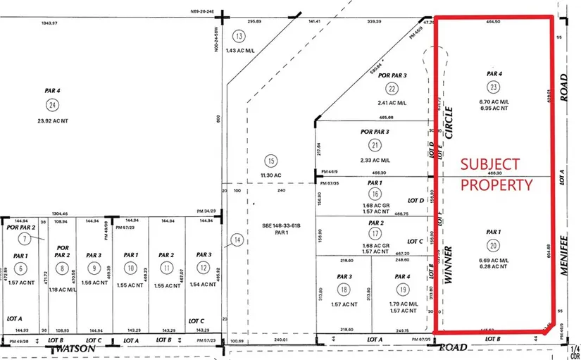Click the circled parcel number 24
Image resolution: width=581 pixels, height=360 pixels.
pos(51,106)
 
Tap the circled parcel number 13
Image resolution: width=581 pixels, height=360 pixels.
pos(239,37)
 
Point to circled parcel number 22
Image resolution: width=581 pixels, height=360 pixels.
pos(392,88)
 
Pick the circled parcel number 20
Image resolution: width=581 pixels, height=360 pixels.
pos(494,244)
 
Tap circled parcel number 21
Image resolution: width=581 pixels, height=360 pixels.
pos(375,145)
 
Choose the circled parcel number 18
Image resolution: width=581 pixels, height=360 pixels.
pos(344,290)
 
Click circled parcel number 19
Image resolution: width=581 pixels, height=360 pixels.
pos(402,290)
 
